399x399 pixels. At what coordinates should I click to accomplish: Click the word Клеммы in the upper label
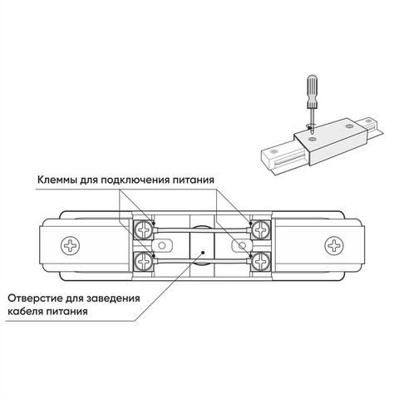click(57, 180)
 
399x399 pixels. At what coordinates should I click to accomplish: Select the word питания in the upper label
click(194, 180)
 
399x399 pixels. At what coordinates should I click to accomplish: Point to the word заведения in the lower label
click(112, 298)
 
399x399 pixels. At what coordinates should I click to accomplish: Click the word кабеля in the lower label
click(25, 311)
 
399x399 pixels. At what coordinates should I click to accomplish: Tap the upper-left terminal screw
click(143, 229)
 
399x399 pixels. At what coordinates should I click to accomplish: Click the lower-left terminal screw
click(143, 261)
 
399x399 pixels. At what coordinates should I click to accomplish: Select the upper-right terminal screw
click(260, 229)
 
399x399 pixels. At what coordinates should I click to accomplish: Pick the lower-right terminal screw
click(260, 261)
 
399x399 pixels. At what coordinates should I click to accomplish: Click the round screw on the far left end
click(70, 245)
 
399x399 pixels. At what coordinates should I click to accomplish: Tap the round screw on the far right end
click(334, 245)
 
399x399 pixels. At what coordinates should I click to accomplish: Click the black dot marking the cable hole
click(203, 253)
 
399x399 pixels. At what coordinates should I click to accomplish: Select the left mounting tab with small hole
click(163, 245)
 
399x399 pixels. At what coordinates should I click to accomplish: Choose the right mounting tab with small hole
click(242, 245)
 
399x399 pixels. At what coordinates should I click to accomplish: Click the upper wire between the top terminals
click(202, 230)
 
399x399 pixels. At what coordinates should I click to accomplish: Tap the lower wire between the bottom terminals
click(202, 261)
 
